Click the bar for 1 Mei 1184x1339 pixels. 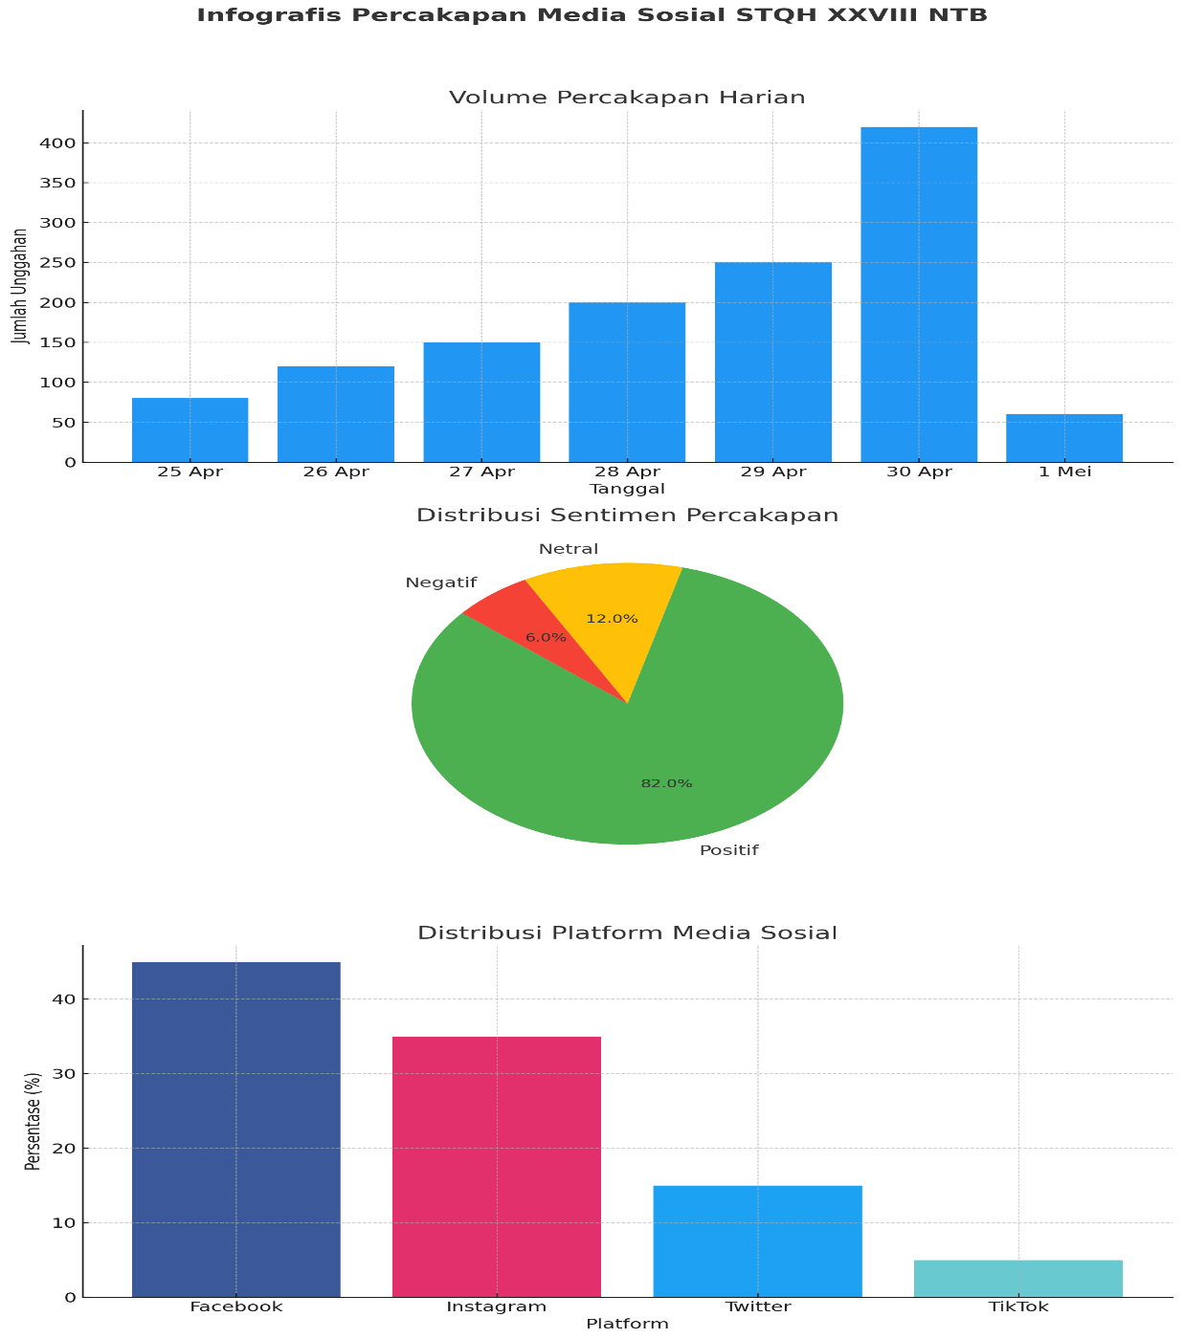click(x=1063, y=438)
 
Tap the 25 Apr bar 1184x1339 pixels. click(x=190, y=429)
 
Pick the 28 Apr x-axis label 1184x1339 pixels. click(x=627, y=472)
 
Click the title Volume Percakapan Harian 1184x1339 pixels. click(x=627, y=98)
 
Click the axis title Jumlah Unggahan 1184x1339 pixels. click(x=19, y=286)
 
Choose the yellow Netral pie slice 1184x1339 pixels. click(x=613, y=598)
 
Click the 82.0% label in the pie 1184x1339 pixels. click(x=666, y=783)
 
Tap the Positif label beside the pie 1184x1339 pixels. click(x=728, y=850)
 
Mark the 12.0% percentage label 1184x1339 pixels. click(x=612, y=619)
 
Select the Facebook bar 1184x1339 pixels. click(x=235, y=1130)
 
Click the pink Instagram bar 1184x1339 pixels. click(x=496, y=1167)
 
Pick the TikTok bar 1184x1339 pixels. click(x=1017, y=1279)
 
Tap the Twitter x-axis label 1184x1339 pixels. click(x=757, y=1306)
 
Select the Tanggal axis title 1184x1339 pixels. click(x=627, y=489)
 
